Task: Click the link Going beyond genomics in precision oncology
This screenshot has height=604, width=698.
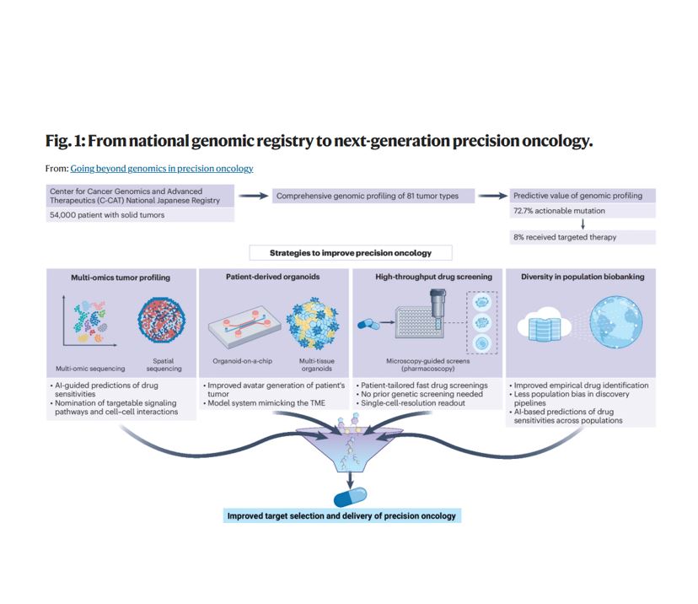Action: click(x=162, y=168)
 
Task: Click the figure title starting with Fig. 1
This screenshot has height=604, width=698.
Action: click(x=319, y=141)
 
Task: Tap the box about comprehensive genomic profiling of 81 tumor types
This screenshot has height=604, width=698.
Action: click(x=368, y=196)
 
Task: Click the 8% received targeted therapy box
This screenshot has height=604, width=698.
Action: click(x=565, y=238)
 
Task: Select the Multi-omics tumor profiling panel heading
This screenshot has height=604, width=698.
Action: click(x=121, y=277)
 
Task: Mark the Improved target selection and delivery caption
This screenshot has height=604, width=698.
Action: click(x=343, y=515)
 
